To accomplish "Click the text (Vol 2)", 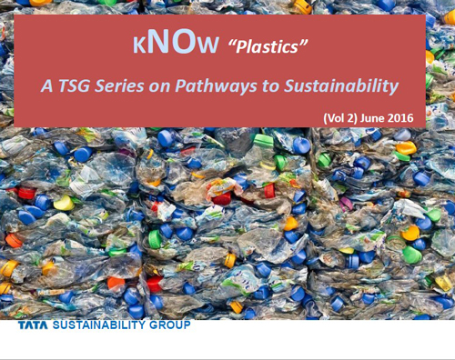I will coord(345,118).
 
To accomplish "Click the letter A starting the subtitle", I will coord(47,87).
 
